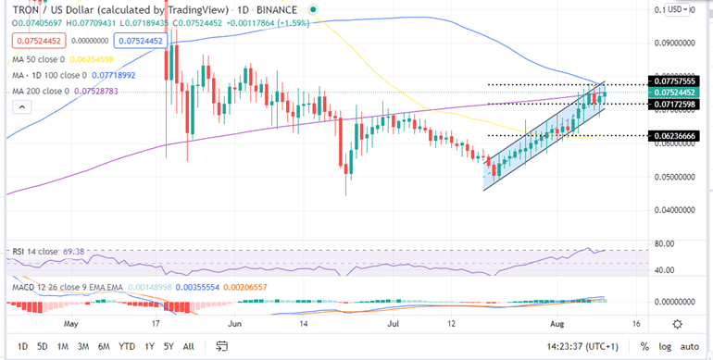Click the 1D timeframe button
pos(23,346)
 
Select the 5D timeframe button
pos(43,346)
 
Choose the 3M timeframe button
pos(83,346)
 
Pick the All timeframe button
pos(188,346)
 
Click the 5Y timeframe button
pos(168,346)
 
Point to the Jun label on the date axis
pos(235,325)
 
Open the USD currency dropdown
pos(679,8)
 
